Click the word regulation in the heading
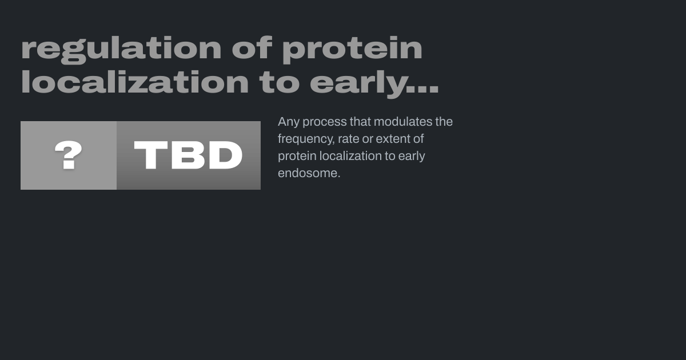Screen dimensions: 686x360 pos(121,50)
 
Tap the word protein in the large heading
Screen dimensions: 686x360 pos(352,50)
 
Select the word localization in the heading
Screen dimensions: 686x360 pos(135,81)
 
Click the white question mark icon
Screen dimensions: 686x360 pos(68,155)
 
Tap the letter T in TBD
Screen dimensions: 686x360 pos(151,155)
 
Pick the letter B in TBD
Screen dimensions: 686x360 pos(188,155)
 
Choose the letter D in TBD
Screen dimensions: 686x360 pos(225,155)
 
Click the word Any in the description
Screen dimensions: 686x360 pos(289,122)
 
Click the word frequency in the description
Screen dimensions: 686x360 pos(306,139)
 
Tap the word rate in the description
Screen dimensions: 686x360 pos(348,139)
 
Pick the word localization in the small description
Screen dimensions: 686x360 pos(350,156)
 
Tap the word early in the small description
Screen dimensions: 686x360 pos(411,157)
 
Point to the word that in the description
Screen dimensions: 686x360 pos(360,122)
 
